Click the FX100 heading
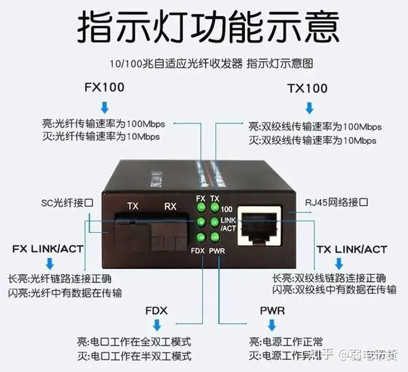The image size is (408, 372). (x=103, y=88)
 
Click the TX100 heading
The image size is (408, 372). (x=307, y=88)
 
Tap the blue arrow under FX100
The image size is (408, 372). (x=104, y=107)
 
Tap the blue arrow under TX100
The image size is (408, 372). (x=310, y=107)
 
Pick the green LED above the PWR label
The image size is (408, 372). (x=215, y=237)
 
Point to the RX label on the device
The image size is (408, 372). (x=170, y=206)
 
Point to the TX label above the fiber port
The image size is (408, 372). (x=134, y=205)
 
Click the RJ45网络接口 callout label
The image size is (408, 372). (x=338, y=203)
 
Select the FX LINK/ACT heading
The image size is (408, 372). (x=48, y=248)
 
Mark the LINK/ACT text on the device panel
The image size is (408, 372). (x=229, y=225)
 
